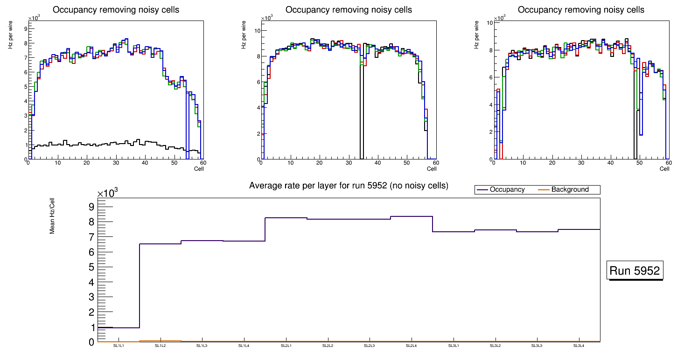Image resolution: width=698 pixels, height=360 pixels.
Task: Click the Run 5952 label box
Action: point(635,271)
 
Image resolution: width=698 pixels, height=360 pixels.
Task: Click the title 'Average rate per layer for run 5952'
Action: point(349,186)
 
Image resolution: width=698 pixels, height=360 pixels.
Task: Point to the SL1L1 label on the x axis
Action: point(119,346)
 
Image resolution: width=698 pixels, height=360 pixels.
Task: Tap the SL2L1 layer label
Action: point(286,346)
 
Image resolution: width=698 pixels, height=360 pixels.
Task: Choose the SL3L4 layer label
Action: point(579,346)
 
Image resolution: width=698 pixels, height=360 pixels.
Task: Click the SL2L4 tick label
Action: point(411,346)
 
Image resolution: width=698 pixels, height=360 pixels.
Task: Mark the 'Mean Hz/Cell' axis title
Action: point(53,217)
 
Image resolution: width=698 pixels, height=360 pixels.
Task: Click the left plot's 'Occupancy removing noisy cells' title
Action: point(116,10)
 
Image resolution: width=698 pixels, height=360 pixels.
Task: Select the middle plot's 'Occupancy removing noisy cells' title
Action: point(349,10)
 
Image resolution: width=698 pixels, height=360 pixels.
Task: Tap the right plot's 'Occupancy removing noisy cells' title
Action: point(581,10)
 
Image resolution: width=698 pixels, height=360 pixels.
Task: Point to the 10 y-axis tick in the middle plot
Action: point(257,31)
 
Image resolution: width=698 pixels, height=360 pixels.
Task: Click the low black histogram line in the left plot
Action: point(93,145)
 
